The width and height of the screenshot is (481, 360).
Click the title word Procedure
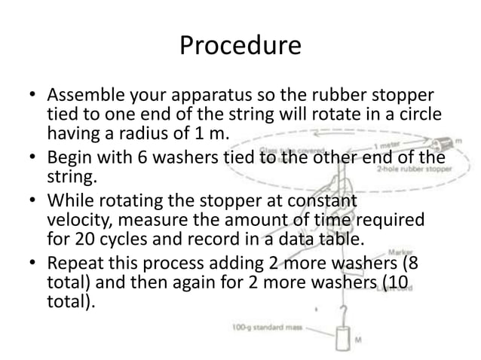click(240, 47)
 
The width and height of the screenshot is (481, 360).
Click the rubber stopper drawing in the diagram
click(440, 144)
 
